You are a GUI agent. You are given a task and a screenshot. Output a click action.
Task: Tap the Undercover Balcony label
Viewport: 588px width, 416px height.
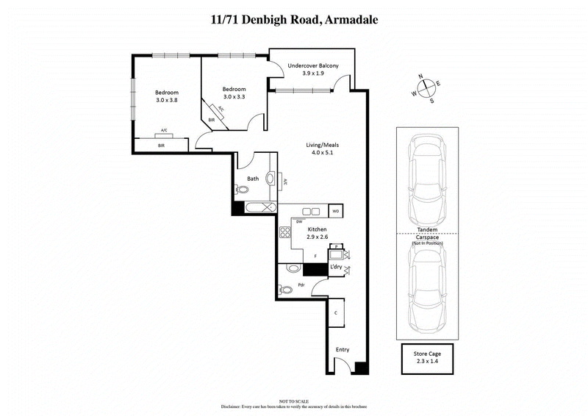pos(313,65)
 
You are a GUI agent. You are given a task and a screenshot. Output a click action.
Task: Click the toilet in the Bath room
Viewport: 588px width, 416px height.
pos(241,190)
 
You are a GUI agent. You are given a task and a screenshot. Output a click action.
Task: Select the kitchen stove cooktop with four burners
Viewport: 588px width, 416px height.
pos(286,234)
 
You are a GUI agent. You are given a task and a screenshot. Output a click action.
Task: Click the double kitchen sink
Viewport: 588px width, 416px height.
pos(311,212)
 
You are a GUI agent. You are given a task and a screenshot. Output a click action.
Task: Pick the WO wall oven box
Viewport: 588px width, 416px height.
pos(336,212)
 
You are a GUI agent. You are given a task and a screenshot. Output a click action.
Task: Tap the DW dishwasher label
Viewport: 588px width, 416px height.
pos(299,220)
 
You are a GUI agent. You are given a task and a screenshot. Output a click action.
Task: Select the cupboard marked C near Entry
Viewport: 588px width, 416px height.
pos(336,313)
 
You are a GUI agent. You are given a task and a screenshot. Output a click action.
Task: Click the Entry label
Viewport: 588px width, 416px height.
pos(343,349)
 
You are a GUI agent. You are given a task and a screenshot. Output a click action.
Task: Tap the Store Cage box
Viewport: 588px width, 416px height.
pos(426,360)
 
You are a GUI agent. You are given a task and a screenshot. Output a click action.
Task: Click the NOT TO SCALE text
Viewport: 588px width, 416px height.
pos(294,401)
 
